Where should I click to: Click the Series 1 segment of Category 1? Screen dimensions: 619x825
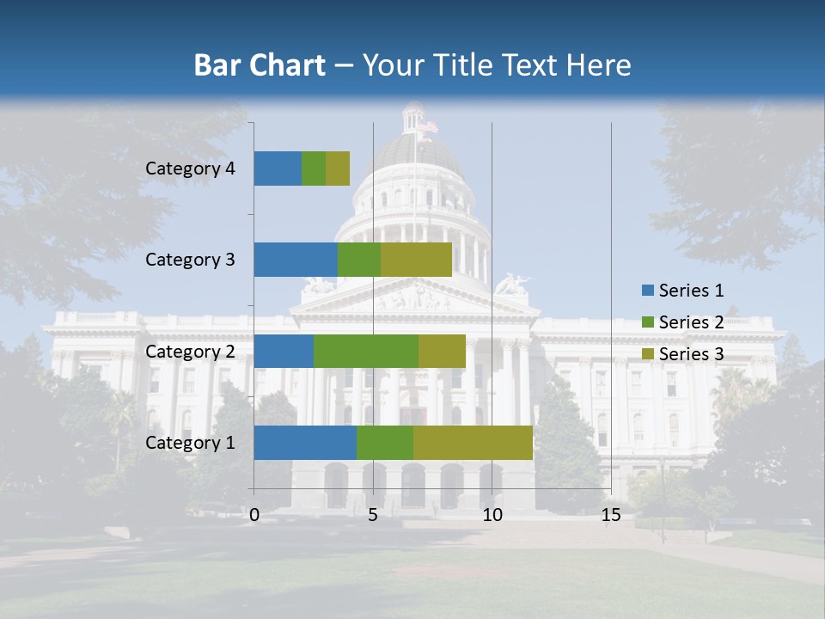pyautogui.click(x=305, y=443)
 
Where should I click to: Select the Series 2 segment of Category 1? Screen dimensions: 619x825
pyautogui.click(x=385, y=443)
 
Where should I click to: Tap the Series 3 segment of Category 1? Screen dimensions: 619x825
pyautogui.click(x=473, y=443)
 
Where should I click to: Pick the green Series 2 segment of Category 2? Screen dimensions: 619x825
pyautogui.click(x=366, y=351)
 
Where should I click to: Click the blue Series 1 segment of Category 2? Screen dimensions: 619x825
pyautogui.click(x=284, y=351)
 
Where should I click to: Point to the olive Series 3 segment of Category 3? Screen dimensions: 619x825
pyautogui.click(x=416, y=260)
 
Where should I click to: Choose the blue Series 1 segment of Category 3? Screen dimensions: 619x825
pyautogui.click(x=296, y=260)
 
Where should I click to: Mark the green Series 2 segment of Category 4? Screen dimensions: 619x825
pyautogui.click(x=314, y=169)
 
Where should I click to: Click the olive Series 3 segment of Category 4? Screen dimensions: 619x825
pyautogui.click(x=338, y=169)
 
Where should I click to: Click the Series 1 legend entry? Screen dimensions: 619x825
pyautogui.click(x=682, y=291)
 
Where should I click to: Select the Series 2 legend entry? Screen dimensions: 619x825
pyautogui.click(x=682, y=322)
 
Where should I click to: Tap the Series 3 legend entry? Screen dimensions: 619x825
pyautogui.click(x=682, y=354)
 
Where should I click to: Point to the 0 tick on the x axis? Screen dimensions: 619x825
pyautogui.click(x=254, y=515)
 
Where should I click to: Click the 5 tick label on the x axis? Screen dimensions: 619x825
pyautogui.click(x=373, y=515)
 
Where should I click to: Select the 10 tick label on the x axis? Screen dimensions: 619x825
pyautogui.click(x=492, y=515)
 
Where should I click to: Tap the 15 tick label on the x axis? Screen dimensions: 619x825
pyautogui.click(x=611, y=515)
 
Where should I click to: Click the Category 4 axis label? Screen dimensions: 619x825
pyautogui.click(x=190, y=169)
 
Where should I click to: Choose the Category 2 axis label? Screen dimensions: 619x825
pyautogui.click(x=190, y=351)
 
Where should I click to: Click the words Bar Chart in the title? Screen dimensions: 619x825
pyautogui.click(x=260, y=65)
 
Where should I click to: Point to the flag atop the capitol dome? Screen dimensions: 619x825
pyautogui.click(x=427, y=126)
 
